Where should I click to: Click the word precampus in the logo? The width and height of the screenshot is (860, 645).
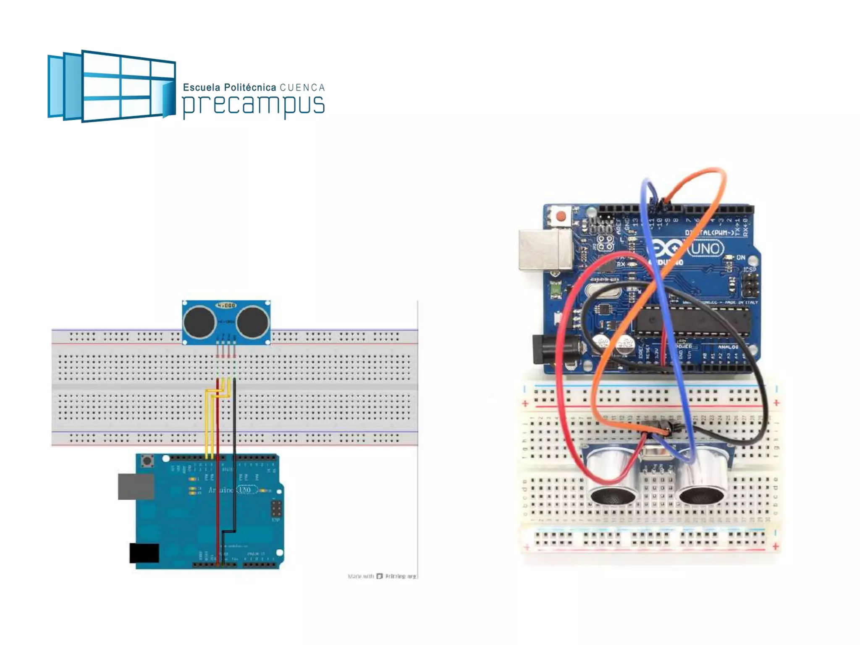[x=253, y=105]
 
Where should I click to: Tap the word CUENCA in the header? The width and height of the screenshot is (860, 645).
[x=302, y=88]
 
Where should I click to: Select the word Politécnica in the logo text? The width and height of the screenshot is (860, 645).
[x=250, y=87]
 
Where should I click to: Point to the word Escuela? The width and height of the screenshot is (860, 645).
[x=202, y=87]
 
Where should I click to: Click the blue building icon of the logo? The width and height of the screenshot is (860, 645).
[x=111, y=86]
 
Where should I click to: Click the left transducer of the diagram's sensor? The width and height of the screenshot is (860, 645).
[x=199, y=322]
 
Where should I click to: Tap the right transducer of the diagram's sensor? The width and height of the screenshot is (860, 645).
[x=252, y=322]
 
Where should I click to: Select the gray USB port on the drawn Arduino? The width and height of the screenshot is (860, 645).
[x=136, y=487]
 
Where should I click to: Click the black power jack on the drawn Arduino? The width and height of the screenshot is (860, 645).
[x=144, y=553]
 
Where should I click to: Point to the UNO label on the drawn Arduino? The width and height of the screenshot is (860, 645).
[x=244, y=490]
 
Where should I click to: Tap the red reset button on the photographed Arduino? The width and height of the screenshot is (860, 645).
[x=561, y=217]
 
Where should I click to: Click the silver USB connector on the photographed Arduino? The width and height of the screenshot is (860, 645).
[x=545, y=249]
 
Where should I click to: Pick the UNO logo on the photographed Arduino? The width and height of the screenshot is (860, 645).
[x=705, y=249]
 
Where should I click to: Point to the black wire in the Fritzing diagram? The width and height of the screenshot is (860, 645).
[x=234, y=441]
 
